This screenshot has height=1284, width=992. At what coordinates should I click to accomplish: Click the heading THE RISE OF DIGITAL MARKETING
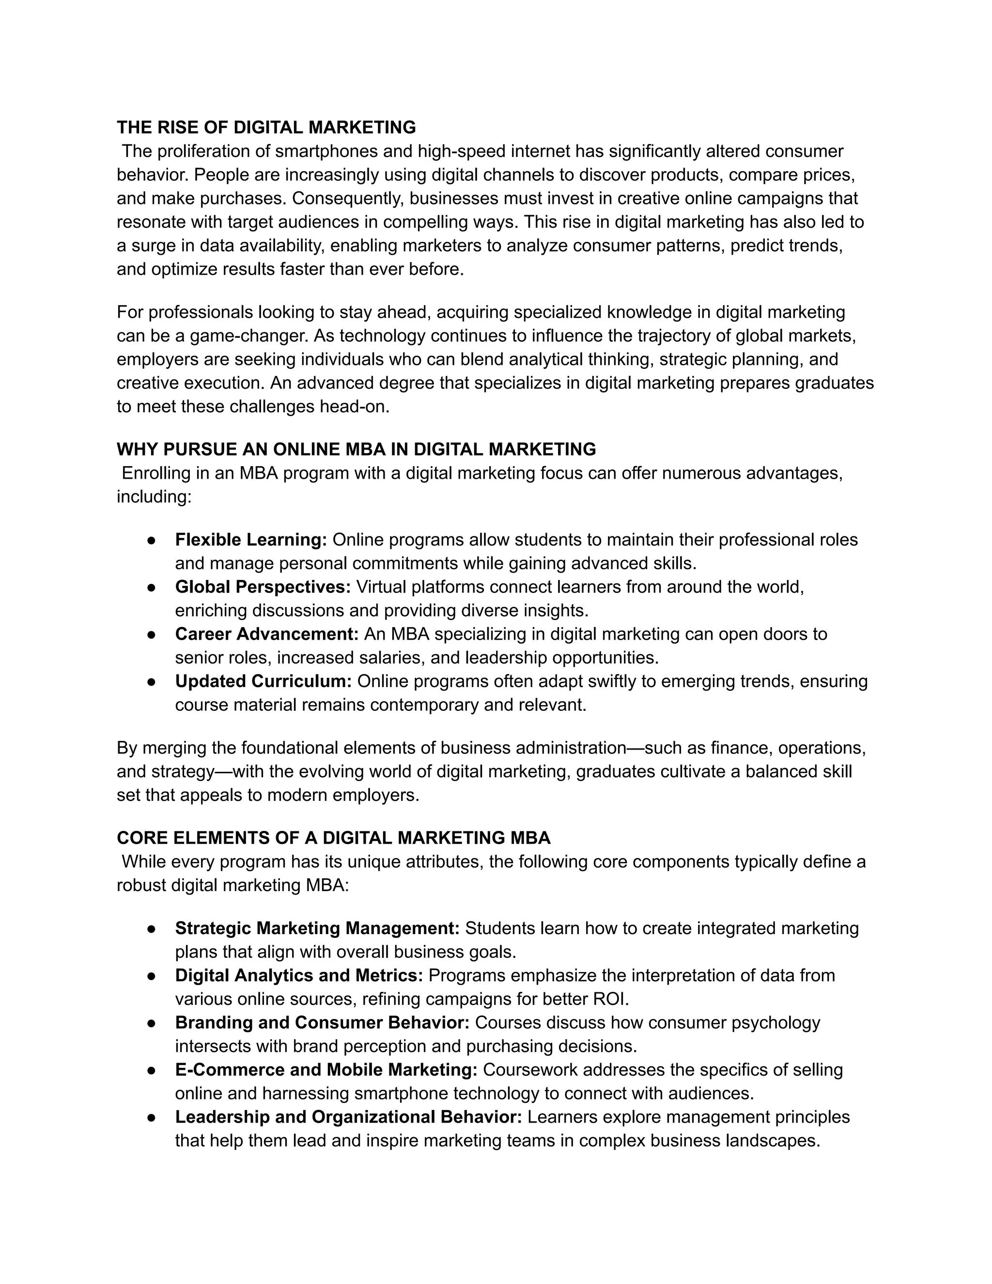(266, 127)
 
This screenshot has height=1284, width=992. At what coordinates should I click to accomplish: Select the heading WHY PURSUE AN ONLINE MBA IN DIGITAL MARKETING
(356, 449)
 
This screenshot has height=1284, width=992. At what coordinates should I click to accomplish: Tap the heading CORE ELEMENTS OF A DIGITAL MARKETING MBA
(333, 838)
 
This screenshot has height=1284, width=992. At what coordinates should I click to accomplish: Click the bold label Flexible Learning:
(251, 540)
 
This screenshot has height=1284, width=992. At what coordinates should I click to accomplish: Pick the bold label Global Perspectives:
(263, 587)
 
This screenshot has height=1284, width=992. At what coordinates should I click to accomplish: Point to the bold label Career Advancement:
(267, 634)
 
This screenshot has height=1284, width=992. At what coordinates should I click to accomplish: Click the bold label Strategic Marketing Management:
(317, 928)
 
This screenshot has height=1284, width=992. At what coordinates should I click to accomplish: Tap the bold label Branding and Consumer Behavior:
(322, 1022)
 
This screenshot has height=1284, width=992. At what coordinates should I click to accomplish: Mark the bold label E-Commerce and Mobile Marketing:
(326, 1069)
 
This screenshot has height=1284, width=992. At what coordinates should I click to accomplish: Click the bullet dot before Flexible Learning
(151, 540)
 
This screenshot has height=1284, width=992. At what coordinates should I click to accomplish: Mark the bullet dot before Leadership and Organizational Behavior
(151, 1117)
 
